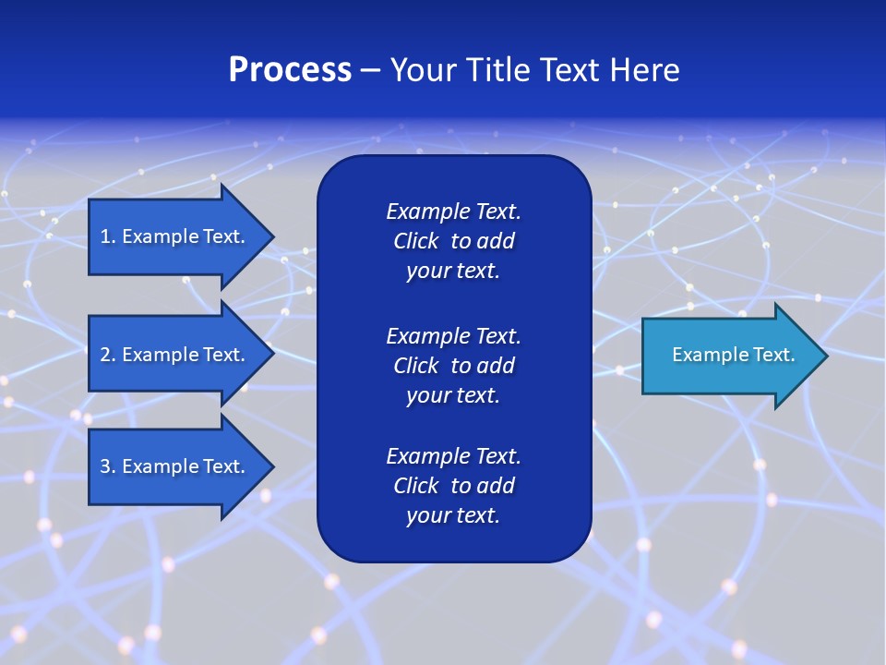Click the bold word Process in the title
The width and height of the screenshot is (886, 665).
tap(290, 70)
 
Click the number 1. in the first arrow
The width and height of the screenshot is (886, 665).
tap(108, 236)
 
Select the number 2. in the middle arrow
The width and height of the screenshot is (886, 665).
tap(108, 355)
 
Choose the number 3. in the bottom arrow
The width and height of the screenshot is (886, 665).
tap(108, 466)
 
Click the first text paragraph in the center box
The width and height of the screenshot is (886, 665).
tap(453, 241)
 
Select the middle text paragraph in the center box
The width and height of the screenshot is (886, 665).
tap(453, 365)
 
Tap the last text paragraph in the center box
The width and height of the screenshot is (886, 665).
tap(453, 486)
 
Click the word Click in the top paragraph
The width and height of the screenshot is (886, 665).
tap(415, 241)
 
